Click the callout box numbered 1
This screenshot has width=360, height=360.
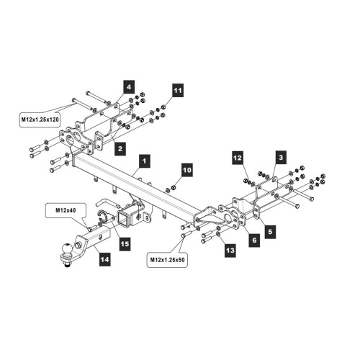point(144,161)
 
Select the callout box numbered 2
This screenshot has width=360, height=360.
point(120,149)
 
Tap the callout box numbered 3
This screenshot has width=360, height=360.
point(281,158)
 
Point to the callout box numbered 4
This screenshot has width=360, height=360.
point(129,87)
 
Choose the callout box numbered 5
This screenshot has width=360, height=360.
point(271,232)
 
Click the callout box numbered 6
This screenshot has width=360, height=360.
point(254,240)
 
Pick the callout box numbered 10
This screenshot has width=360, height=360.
point(187,170)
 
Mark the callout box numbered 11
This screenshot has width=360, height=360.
point(178,91)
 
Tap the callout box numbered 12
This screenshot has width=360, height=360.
point(238,158)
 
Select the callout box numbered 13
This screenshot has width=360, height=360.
point(230,251)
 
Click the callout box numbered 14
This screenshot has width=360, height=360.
point(105,259)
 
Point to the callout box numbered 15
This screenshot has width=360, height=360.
point(125,244)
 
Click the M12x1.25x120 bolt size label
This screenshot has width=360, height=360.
point(40,119)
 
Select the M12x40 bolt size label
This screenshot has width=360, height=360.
point(66,210)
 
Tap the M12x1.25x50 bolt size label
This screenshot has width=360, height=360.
point(167,260)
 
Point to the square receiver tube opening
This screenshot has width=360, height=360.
point(124,218)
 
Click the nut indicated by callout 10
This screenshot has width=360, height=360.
point(173,187)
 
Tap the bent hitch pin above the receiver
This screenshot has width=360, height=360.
point(107,203)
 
